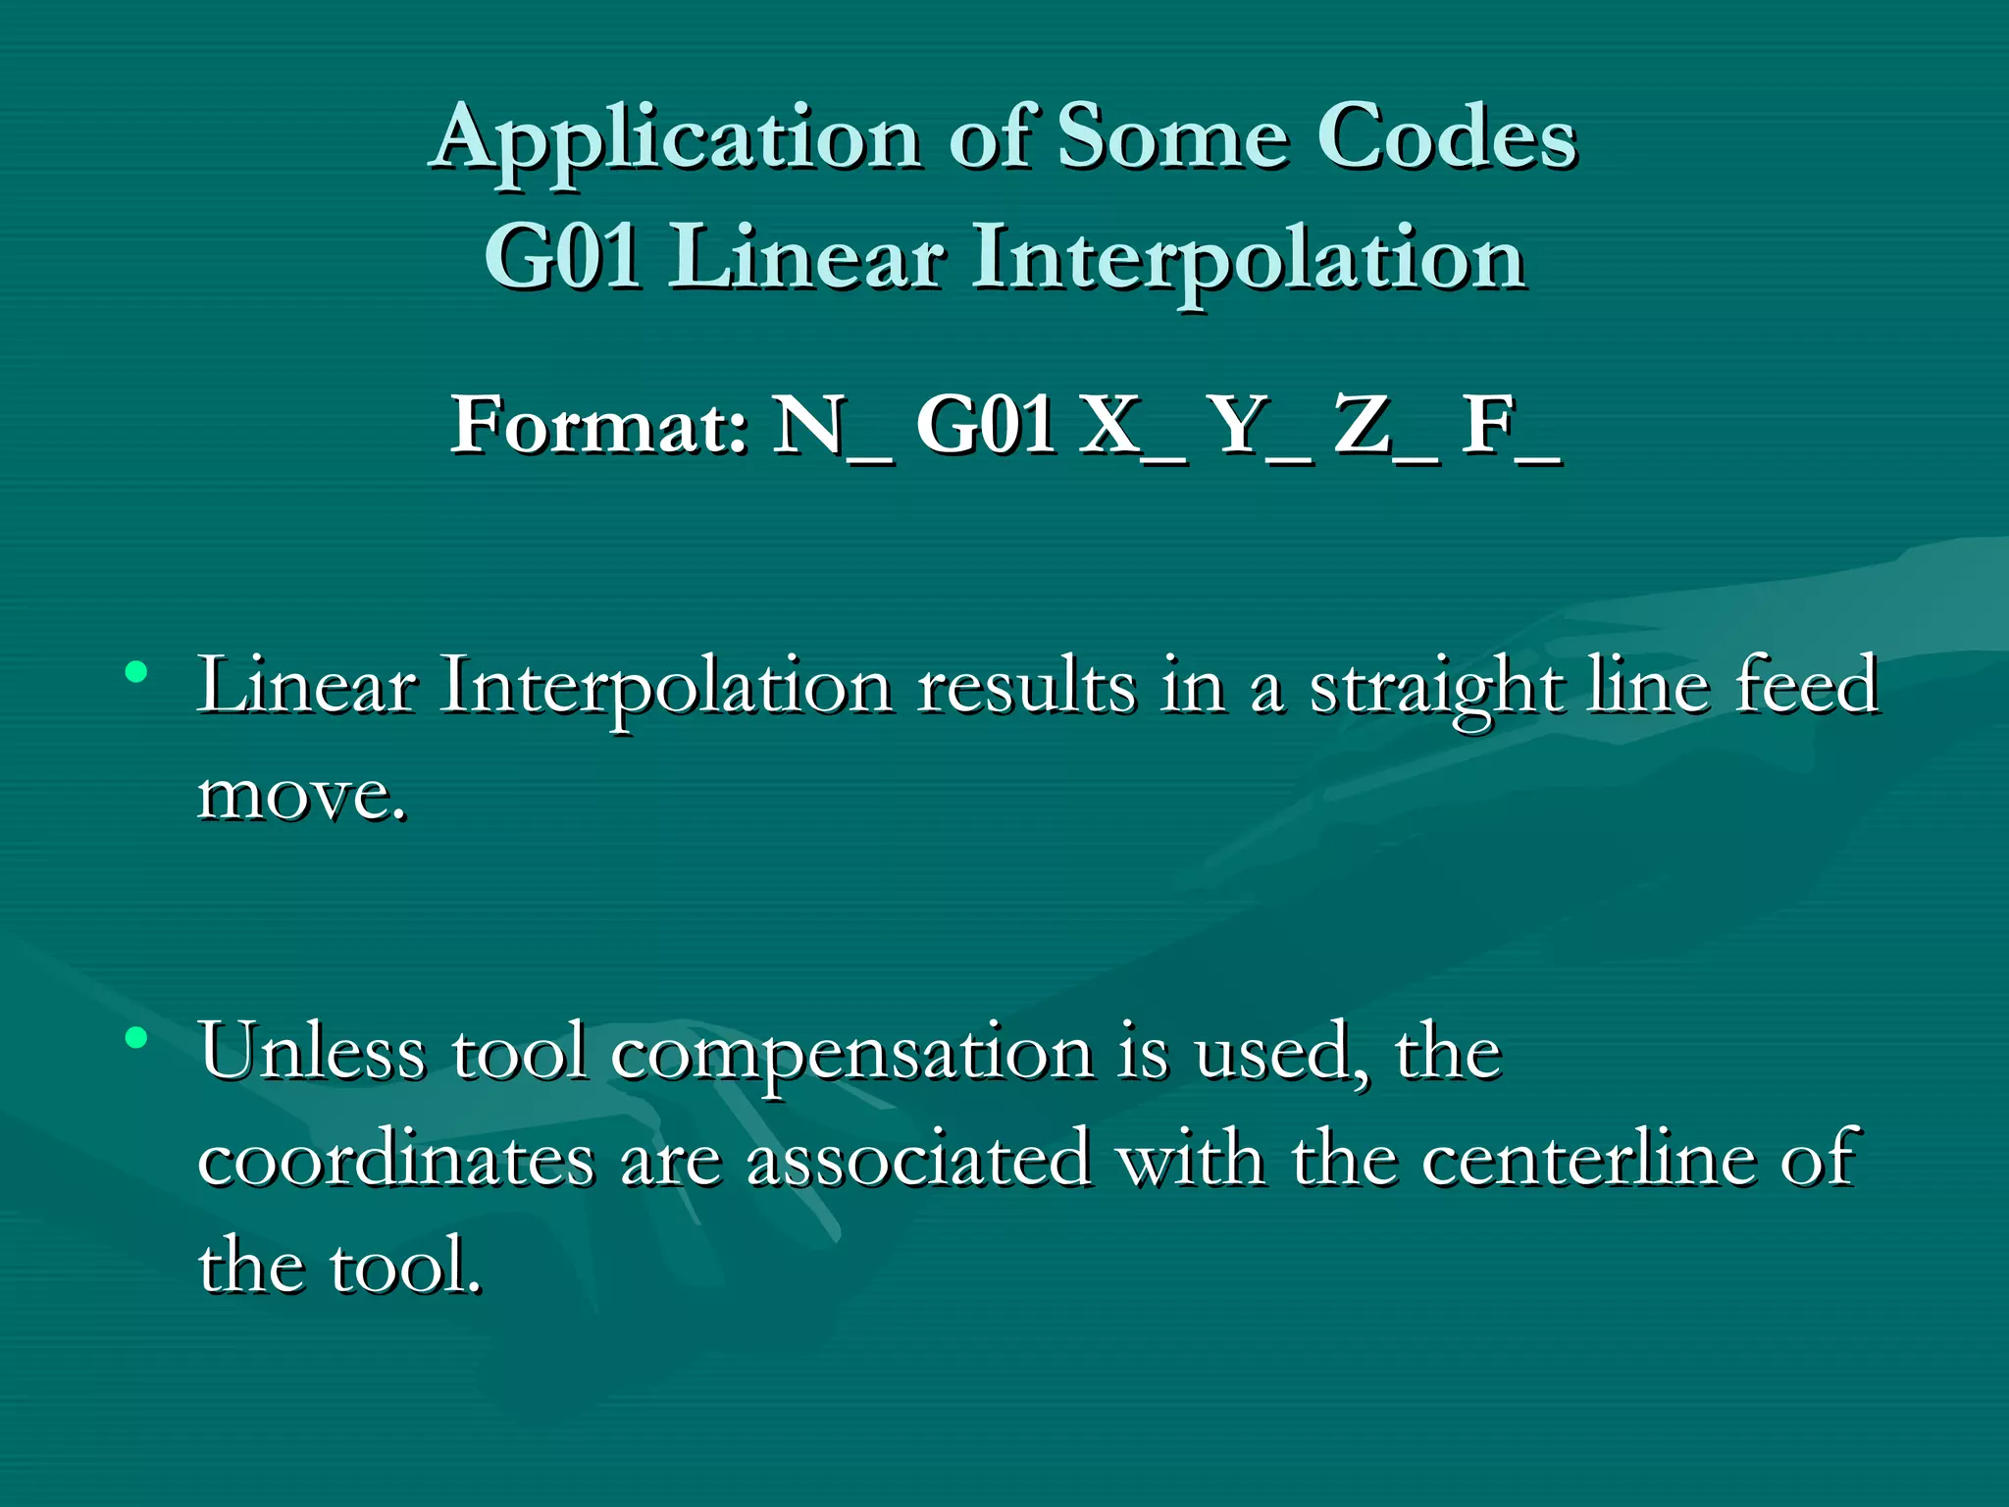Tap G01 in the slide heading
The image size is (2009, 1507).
(x=563, y=257)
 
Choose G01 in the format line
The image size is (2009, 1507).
(x=985, y=426)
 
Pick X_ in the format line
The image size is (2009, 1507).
(x=1132, y=426)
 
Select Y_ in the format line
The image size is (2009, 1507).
(x=1260, y=426)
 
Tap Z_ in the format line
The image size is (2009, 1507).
(x=1385, y=426)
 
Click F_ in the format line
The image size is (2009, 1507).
(x=1509, y=426)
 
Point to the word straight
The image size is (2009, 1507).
(x=1436, y=687)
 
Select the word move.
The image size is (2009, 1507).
(x=300, y=795)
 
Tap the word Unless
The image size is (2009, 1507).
(x=312, y=1052)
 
